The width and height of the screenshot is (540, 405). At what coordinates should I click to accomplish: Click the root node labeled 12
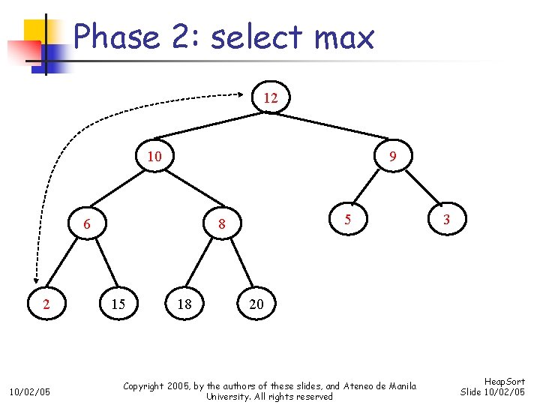pyautogui.click(x=271, y=98)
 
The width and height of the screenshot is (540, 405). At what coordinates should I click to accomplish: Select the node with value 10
pyautogui.click(x=154, y=157)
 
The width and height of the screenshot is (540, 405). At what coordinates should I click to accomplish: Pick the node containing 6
pyautogui.click(x=87, y=224)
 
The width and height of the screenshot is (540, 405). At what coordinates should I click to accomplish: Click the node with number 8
pyautogui.click(x=222, y=224)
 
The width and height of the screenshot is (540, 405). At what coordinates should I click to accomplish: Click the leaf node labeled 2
pyautogui.click(x=46, y=304)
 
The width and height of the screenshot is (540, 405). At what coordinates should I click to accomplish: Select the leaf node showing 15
pyautogui.click(x=118, y=304)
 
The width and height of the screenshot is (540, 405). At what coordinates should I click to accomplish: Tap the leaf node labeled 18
pyautogui.click(x=184, y=304)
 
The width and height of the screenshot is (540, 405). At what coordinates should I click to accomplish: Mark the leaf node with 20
pyautogui.click(x=256, y=304)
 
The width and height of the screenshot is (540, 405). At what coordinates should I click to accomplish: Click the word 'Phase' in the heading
pyautogui.click(x=116, y=37)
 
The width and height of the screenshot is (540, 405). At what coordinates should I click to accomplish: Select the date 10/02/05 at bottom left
pyautogui.click(x=30, y=391)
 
